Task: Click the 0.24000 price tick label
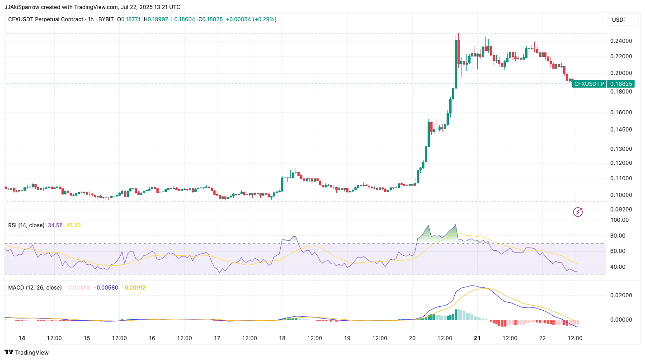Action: [x=621, y=41]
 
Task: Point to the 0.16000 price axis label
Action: [x=621, y=112]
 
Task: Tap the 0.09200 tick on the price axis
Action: [x=621, y=210]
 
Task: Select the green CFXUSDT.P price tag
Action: [x=603, y=84]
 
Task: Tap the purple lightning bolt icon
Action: [x=578, y=212]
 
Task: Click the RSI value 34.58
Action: [x=55, y=225]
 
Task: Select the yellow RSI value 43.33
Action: [x=73, y=225]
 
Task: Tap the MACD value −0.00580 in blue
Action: [x=105, y=287]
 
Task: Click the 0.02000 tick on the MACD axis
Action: [x=621, y=295]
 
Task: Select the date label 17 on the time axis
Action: [x=217, y=338]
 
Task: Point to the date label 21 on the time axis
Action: [x=477, y=338]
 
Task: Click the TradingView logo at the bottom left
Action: [x=27, y=352]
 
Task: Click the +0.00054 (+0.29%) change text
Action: [x=251, y=19]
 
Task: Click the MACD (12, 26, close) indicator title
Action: [x=35, y=287]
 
